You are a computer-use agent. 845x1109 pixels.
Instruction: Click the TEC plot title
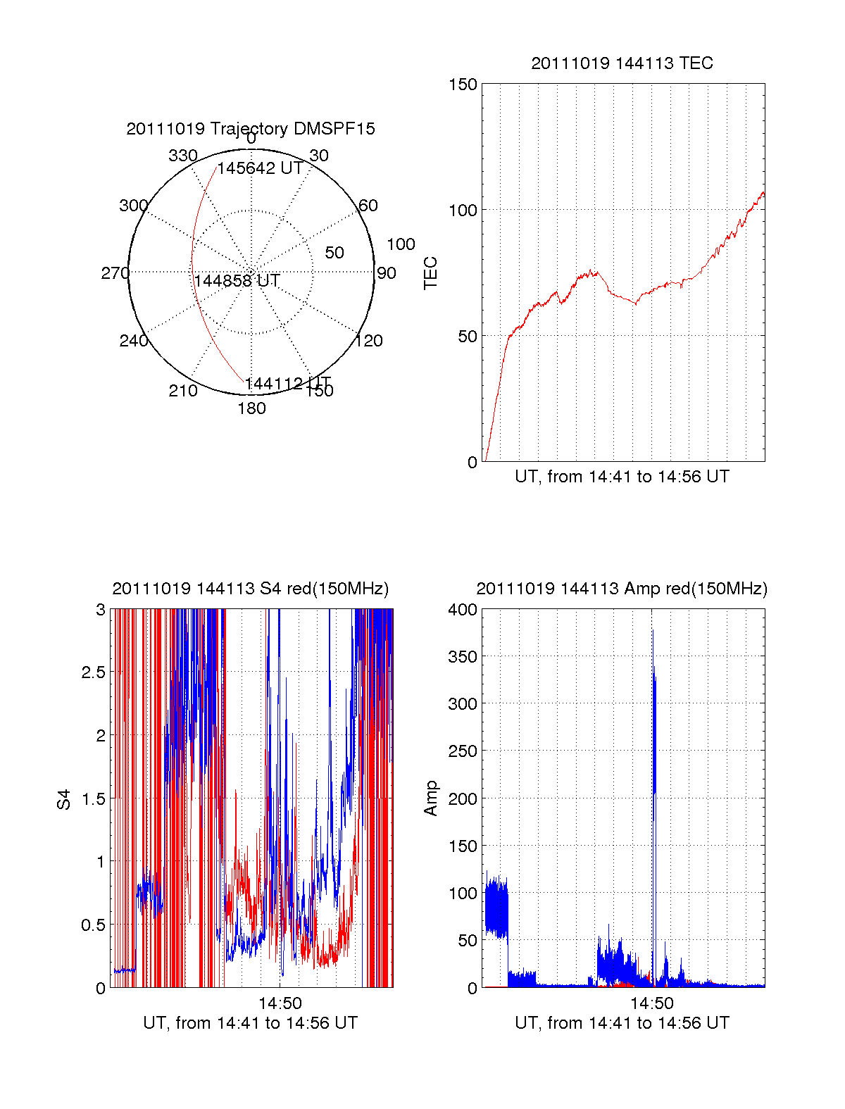(x=622, y=63)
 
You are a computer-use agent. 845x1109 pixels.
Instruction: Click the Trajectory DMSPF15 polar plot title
(x=251, y=129)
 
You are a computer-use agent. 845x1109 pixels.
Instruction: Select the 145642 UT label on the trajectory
(x=260, y=168)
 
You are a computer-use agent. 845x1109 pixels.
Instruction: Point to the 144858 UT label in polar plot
(x=237, y=281)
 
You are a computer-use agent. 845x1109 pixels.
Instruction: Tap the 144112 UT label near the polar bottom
(x=287, y=384)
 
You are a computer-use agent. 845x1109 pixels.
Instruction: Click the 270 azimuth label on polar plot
(x=115, y=273)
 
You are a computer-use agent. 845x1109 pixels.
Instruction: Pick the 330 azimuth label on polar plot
(x=182, y=156)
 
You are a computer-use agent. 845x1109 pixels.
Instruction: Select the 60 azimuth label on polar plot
(x=368, y=206)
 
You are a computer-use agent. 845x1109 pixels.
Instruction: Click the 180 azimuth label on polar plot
(x=251, y=408)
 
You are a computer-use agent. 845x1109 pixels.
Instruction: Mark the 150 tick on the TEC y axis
(x=463, y=84)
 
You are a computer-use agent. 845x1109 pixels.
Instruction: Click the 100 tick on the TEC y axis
(x=463, y=211)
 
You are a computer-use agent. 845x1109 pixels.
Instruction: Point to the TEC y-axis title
(x=431, y=273)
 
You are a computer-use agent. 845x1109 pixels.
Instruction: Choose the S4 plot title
(x=251, y=589)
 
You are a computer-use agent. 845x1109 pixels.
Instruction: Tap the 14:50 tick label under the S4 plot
(x=280, y=1003)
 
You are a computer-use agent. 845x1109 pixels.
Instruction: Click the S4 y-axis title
(x=64, y=799)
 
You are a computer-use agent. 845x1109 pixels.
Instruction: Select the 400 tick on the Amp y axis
(x=463, y=610)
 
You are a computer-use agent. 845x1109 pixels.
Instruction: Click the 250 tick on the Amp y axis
(x=463, y=751)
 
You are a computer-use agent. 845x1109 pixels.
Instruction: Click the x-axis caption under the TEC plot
(x=622, y=477)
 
